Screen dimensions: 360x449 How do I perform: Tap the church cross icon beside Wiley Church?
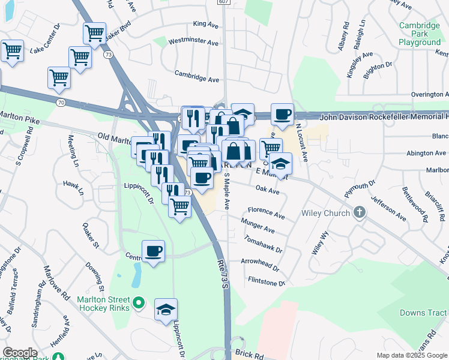point(359,212)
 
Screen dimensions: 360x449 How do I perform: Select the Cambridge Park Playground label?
point(420,34)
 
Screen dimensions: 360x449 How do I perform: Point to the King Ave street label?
point(205,25)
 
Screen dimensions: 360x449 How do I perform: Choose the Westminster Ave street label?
point(193,43)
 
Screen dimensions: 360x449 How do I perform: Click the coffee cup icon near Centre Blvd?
point(154,251)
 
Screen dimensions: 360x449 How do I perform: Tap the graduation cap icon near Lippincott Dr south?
point(166,310)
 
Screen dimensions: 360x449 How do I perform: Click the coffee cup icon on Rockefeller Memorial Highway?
point(282,113)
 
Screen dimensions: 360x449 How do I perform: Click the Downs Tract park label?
point(423,313)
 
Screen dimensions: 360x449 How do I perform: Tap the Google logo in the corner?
point(20,353)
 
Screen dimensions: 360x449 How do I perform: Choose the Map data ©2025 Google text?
point(412,355)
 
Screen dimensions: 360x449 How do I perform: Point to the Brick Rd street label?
point(250,356)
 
